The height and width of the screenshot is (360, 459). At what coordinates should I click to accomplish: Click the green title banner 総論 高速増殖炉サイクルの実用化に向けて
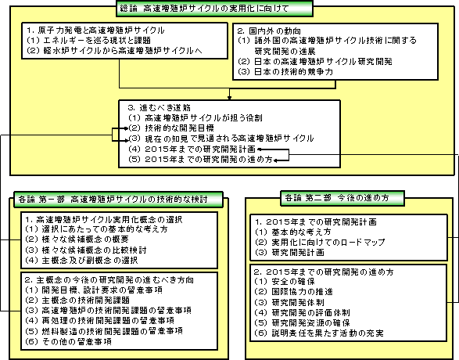pos(214,9)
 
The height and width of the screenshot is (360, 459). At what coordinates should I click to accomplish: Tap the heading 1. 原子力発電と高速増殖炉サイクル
pos(95,31)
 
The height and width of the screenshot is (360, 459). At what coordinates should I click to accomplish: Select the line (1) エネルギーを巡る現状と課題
pos(88,40)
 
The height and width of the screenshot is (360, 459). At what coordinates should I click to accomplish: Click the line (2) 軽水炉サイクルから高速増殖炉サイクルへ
pos(114,50)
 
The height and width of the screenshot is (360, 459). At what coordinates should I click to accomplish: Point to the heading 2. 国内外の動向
pos(269,31)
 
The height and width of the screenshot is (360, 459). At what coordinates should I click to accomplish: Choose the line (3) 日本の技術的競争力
pos(285,71)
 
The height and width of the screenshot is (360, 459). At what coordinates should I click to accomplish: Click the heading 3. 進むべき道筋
pos(160,107)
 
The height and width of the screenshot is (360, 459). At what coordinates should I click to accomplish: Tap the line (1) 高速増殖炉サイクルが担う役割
pos(195,117)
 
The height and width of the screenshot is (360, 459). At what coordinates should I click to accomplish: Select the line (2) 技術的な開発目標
pos(171,128)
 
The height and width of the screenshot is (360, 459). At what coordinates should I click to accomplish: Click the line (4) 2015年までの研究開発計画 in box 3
pos(192,149)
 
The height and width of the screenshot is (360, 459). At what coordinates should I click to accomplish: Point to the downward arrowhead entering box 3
pos(230,98)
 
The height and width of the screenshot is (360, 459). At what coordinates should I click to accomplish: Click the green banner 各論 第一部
pos(118,200)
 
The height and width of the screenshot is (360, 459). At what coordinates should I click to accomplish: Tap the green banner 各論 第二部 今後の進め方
pos(342,198)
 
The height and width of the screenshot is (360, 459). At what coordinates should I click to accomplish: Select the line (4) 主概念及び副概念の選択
pos(81,260)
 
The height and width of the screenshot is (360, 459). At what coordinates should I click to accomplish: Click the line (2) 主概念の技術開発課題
pos(77,300)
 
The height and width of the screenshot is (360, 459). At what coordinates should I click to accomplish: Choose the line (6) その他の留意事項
pos(68,341)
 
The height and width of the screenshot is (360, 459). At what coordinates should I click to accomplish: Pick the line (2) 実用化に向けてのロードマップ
pos(320,243)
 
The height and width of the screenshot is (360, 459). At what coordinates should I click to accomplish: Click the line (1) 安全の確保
pos(285,282)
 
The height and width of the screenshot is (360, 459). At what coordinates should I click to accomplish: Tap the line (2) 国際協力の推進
pos(293,292)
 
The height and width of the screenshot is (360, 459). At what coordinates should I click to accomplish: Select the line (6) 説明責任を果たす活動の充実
pos(319,333)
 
